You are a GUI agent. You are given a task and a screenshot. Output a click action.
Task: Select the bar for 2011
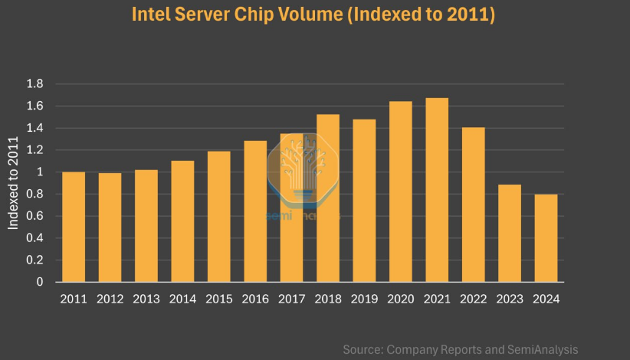pyautogui.click(x=74, y=227)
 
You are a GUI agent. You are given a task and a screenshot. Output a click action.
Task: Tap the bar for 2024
pyautogui.click(x=546, y=238)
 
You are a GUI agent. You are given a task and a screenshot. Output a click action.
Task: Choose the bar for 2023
pyautogui.click(x=510, y=233)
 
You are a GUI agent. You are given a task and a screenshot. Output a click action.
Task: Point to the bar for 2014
pyautogui.click(x=182, y=221)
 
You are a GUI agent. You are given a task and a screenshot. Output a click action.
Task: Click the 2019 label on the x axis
pyautogui.click(x=364, y=299)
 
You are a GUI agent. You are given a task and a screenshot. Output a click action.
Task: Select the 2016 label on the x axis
pyautogui.click(x=255, y=299)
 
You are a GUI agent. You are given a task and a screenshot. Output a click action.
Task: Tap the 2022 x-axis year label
pyautogui.click(x=473, y=299)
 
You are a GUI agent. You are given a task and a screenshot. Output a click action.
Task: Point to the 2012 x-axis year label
pyautogui.click(x=110, y=299)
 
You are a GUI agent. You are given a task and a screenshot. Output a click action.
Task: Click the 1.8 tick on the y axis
pyautogui.click(x=34, y=83)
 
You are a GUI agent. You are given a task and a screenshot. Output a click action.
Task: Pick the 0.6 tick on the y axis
pyautogui.click(x=34, y=216)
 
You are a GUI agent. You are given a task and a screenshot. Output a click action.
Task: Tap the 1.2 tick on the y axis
pyautogui.click(x=34, y=150)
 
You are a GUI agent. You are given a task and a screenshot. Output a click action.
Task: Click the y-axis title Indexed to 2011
pyautogui.click(x=13, y=182)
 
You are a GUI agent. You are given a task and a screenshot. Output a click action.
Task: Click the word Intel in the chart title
pyautogui.click(x=152, y=15)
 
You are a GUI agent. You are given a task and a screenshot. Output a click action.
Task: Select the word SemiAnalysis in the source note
pyautogui.click(x=541, y=349)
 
